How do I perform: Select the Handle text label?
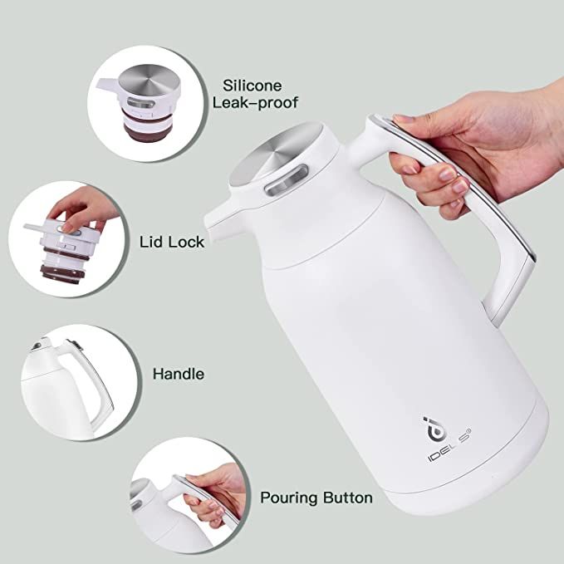click(x=178, y=374)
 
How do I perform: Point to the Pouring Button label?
click(x=316, y=498)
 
